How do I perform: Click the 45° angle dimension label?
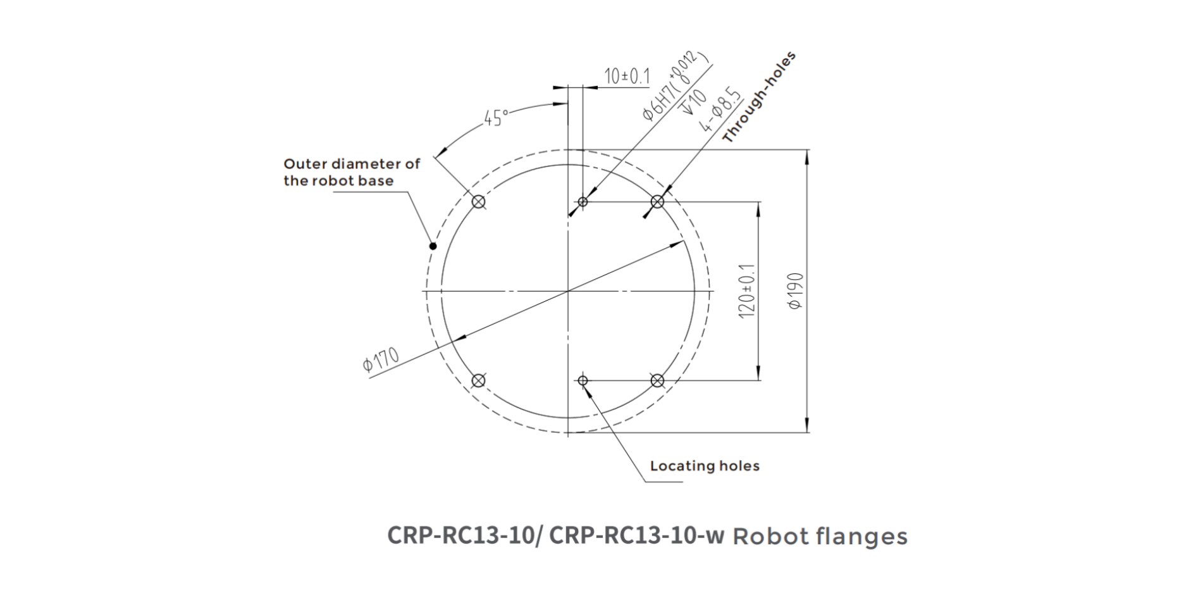pyautogui.click(x=496, y=118)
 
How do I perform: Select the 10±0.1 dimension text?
pyautogui.click(x=626, y=77)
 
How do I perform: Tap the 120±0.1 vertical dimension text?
pyautogui.click(x=747, y=291)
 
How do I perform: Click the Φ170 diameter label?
pyautogui.click(x=381, y=360)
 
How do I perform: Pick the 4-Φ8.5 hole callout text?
pyautogui.click(x=719, y=110)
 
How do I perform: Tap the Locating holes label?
pyautogui.click(x=704, y=466)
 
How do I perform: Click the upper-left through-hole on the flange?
pyautogui.click(x=479, y=202)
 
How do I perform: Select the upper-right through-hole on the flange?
pyautogui.click(x=657, y=202)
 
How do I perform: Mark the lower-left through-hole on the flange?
pyautogui.click(x=479, y=380)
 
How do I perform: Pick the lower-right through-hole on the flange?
pyautogui.click(x=657, y=380)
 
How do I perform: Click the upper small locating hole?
pyautogui.click(x=583, y=202)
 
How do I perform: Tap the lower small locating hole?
pyautogui.click(x=583, y=380)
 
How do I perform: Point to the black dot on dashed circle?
pyautogui.click(x=433, y=246)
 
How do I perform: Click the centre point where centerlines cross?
pyautogui.click(x=568, y=291)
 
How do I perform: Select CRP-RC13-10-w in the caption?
pyautogui.click(x=636, y=535)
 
